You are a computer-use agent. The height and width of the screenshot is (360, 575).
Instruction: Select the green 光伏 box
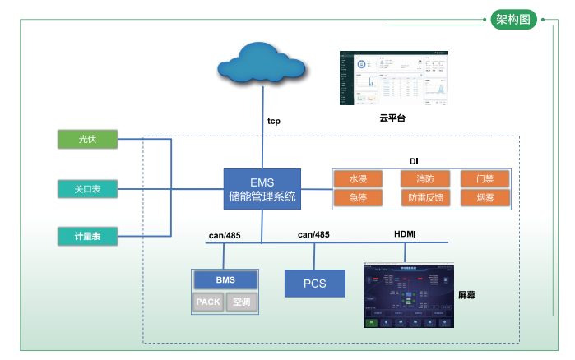pos(88,140)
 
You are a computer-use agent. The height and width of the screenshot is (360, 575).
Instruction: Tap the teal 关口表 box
pos(88,188)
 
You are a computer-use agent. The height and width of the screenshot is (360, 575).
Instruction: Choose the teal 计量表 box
pos(88,237)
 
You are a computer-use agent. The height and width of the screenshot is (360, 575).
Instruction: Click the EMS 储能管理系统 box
pos(262,189)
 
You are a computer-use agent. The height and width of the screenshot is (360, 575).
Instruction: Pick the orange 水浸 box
pos(358,179)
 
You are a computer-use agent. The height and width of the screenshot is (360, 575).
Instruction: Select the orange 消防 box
pos(425,179)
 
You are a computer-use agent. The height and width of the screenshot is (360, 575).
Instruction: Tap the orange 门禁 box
pos(485,179)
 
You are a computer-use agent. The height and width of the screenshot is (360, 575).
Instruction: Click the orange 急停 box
pos(358,198)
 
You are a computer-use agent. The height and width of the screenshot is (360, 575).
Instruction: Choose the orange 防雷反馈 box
pos(425,198)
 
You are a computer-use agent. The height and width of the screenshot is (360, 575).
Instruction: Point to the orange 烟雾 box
pos(485,198)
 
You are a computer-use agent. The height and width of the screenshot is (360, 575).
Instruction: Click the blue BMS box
pos(225,280)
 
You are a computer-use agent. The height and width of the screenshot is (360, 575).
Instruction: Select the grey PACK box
pos(208,302)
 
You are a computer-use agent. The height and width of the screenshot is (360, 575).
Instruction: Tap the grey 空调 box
pos(242,302)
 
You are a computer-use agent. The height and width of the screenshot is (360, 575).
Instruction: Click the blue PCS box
pos(314,284)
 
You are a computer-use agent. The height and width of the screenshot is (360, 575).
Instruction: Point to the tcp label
pos(274,121)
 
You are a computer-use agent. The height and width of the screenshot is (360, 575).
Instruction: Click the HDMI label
pos(405,235)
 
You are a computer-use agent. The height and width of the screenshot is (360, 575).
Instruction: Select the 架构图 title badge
pos(514,20)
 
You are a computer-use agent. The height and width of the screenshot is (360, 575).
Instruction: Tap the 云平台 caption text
pos(392,118)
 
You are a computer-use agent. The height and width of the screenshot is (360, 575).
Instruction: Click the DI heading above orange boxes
pos(415,161)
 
